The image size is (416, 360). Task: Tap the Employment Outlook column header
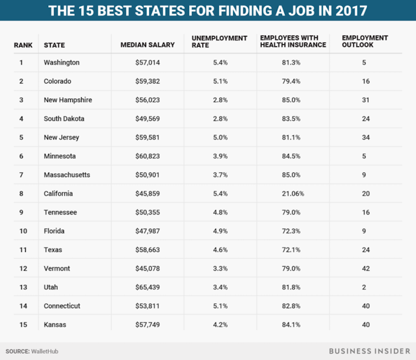pos(365,41)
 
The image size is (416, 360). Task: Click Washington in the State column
pos(61,62)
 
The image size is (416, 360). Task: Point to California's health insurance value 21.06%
pos(293,194)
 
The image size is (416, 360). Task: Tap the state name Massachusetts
pos(67,175)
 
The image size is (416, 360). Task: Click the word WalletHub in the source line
pos(44,351)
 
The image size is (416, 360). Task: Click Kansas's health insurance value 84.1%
pos(293,325)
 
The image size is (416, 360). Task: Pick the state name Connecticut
pos(62,306)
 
